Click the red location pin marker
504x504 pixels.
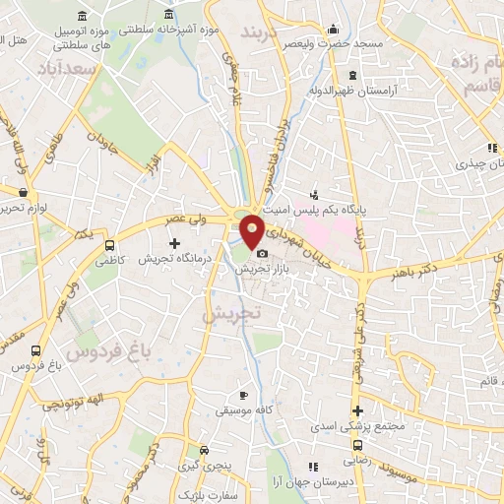point(253,230)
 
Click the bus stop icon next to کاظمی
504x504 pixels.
point(109,243)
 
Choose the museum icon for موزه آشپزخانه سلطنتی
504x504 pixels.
point(169,13)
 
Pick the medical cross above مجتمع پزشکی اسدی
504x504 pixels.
point(357,410)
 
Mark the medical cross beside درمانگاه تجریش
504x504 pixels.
point(175,242)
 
